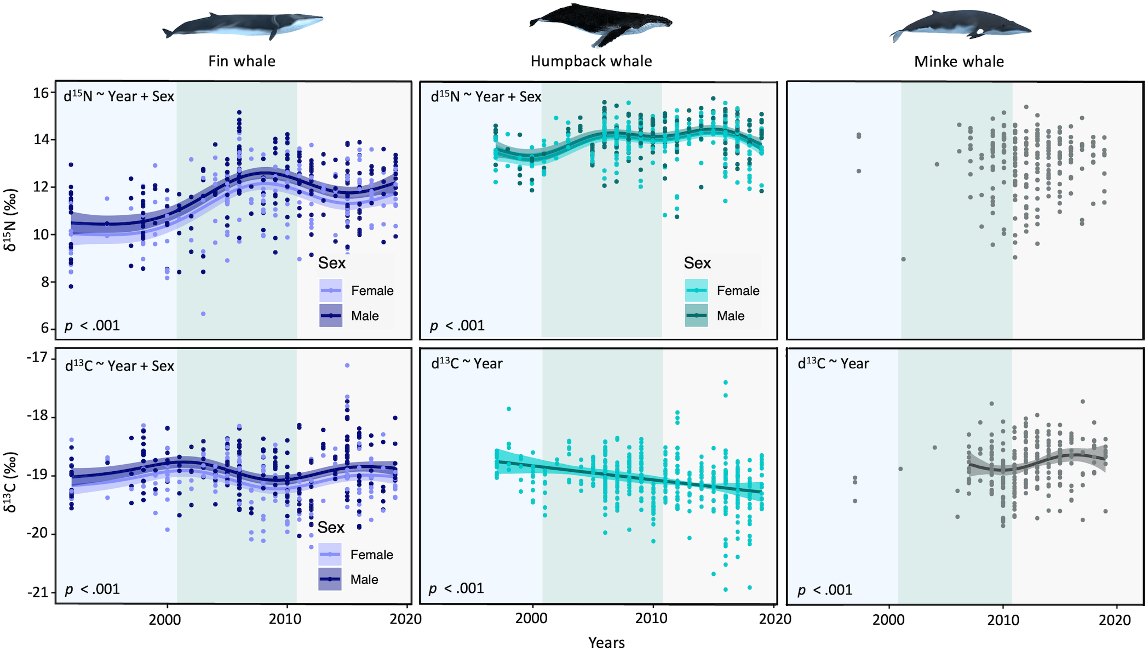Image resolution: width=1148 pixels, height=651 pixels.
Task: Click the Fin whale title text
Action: (242, 61)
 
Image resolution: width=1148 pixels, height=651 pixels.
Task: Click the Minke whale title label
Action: (958, 61)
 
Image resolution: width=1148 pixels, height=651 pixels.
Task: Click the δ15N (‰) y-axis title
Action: (11, 220)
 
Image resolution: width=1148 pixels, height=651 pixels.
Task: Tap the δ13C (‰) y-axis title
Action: (11, 482)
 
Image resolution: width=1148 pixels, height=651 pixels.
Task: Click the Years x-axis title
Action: (606, 642)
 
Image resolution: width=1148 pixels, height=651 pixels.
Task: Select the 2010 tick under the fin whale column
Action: (285, 619)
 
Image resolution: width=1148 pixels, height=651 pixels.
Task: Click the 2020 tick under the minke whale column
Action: (1115, 620)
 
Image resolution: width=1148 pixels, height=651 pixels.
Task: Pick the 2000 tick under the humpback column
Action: (531, 619)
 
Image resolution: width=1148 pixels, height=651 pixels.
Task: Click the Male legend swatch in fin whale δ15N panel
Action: (331, 316)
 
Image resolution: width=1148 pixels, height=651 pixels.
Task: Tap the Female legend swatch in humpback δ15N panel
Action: (696, 290)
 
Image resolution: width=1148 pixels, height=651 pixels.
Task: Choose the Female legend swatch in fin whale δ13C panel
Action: (330, 555)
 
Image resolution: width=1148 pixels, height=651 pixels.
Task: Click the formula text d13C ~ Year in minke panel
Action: (833, 364)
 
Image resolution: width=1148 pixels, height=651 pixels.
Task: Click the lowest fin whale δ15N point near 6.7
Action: (203, 313)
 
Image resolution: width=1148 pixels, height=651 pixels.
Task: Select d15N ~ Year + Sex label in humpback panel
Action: (486, 97)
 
